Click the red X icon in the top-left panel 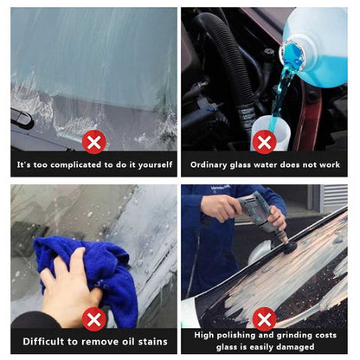click(x=93, y=141)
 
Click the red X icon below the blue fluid click(x=265, y=141)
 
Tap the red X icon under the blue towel click(x=93, y=319)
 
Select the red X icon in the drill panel click(x=265, y=319)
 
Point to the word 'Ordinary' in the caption click(x=210, y=164)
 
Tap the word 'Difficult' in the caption click(x=42, y=342)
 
